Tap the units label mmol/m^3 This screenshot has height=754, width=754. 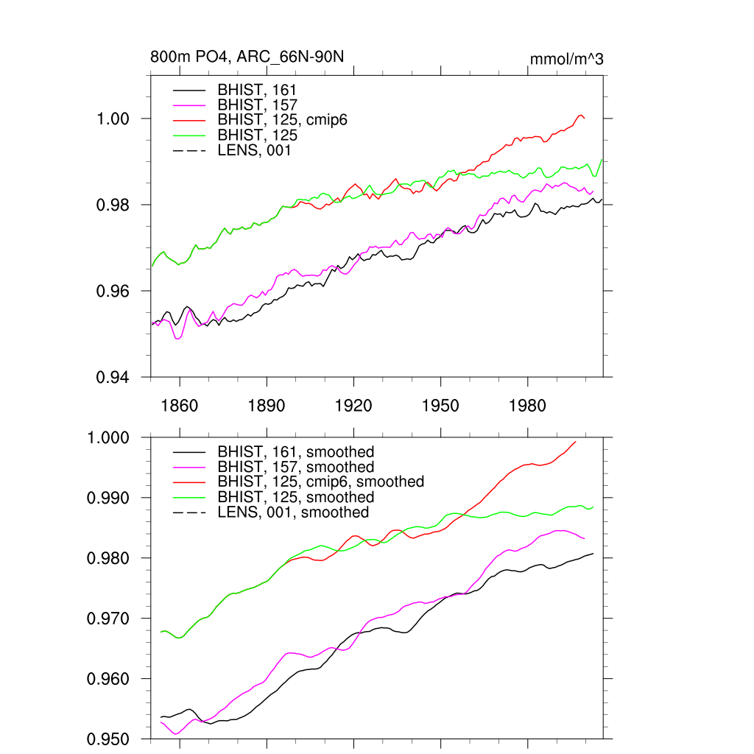566,59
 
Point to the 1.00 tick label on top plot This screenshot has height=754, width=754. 114,119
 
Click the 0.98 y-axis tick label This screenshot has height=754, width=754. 114,205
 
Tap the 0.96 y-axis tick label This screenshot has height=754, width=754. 114,291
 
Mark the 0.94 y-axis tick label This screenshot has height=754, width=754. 114,377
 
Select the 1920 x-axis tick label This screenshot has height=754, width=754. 353,406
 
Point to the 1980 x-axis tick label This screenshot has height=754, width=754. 528,406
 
